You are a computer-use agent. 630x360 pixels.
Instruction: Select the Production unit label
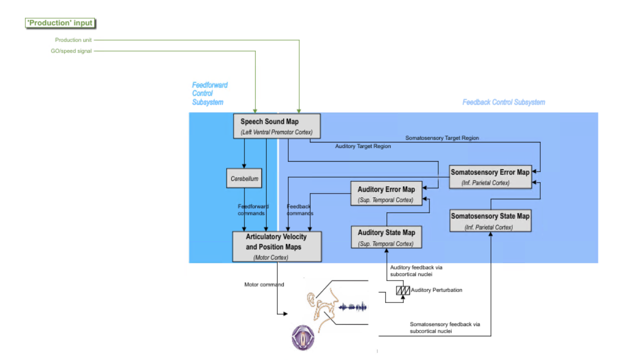[73, 40]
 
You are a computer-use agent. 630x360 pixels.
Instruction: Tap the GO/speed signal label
[71, 51]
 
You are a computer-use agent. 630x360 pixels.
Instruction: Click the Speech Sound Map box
[277, 126]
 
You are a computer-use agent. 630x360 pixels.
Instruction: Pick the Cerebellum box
[244, 179]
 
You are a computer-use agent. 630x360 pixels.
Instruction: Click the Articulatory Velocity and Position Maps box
[277, 246]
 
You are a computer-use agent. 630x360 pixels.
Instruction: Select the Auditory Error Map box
[386, 194]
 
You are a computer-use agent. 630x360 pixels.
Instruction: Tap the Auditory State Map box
[386, 237]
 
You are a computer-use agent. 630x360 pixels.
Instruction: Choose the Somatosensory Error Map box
[490, 176]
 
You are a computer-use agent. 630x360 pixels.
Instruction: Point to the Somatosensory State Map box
[490, 220]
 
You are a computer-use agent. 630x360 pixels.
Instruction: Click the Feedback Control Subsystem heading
[503, 102]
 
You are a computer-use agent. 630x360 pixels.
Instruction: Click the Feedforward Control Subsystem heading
[209, 94]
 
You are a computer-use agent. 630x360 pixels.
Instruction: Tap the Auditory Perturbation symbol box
[403, 290]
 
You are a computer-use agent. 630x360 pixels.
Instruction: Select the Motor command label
[264, 285]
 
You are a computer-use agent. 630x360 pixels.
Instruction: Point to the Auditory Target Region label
[363, 147]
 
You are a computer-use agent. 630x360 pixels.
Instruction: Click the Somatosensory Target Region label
[442, 138]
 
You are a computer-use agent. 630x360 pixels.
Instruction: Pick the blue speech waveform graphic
[352, 307]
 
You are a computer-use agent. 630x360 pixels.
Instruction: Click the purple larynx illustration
[302, 337]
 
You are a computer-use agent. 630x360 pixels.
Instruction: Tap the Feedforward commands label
[253, 210]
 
